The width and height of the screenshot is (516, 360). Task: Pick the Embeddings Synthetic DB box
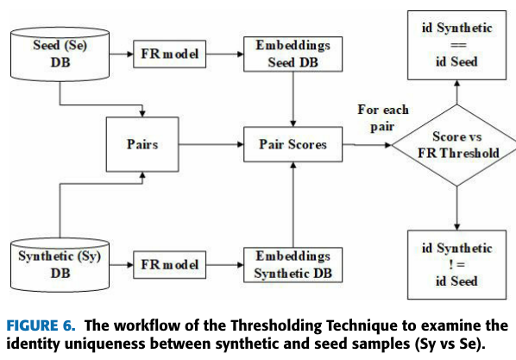295,263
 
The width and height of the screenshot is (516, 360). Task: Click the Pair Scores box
295,144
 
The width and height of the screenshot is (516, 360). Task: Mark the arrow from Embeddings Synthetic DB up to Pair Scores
295,203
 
